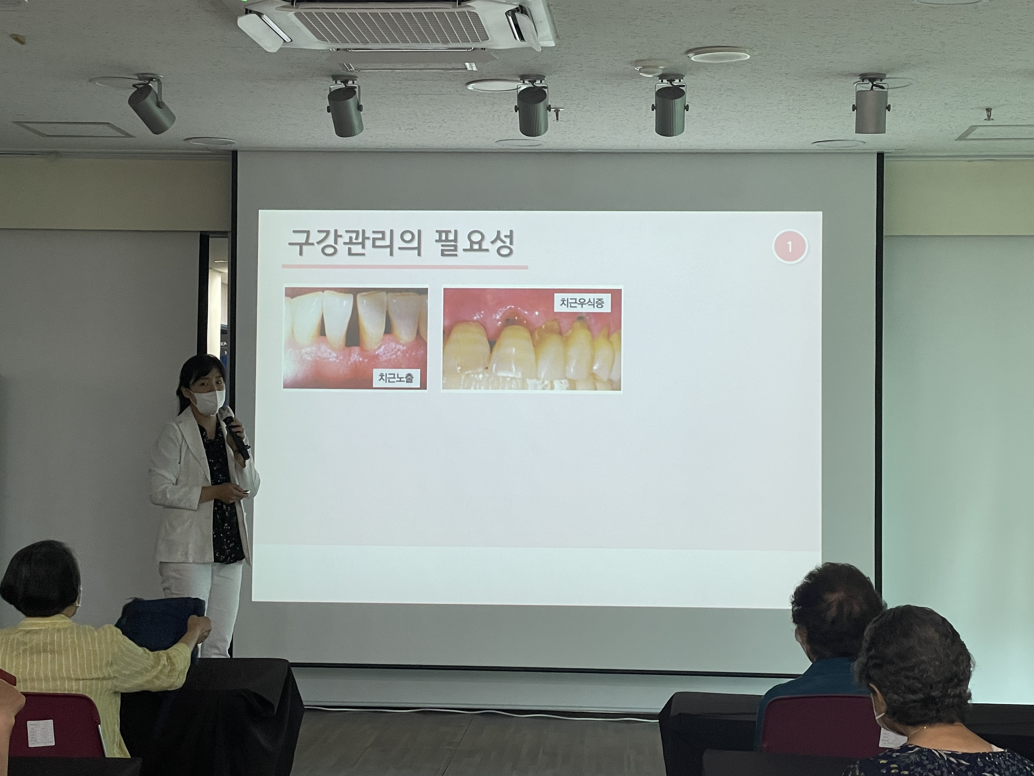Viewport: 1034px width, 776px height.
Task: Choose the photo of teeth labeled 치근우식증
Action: [532, 339]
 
